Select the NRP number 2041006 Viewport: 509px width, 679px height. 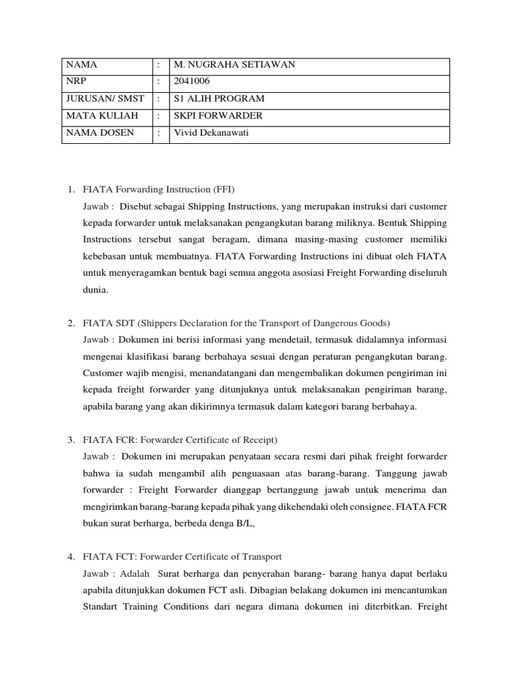pos(190,82)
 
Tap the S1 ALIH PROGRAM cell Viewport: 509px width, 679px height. pos(219,99)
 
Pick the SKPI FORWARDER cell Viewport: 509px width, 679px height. pos(218,116)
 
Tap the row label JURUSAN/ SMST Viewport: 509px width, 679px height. pos(105,99)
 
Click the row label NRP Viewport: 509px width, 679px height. pos(75,82)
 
